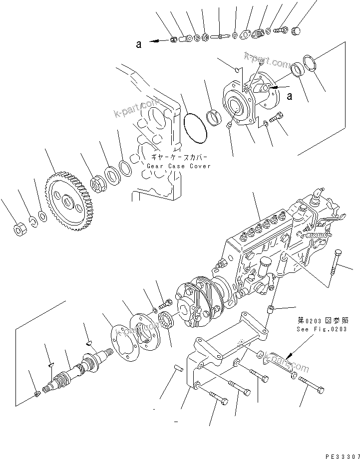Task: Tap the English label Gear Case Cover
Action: tap(178, 166)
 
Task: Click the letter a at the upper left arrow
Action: tap(138, 44)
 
